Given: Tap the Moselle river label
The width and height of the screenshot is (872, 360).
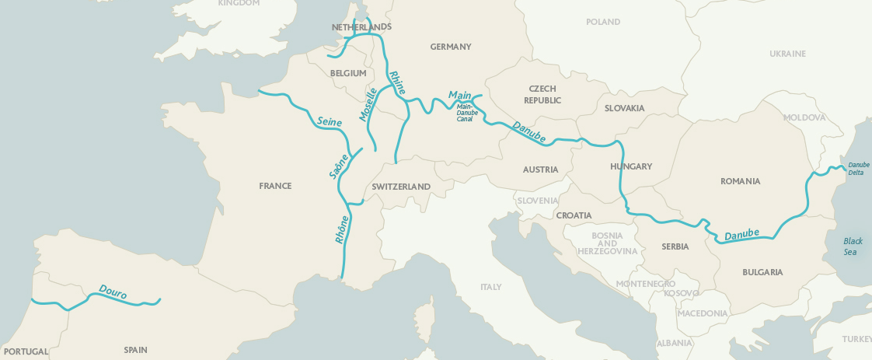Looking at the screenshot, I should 368,104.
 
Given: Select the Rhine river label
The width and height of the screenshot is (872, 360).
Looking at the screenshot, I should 397,82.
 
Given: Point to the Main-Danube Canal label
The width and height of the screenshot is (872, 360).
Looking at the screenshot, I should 466,113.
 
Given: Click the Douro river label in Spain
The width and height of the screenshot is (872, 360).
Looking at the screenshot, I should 113,292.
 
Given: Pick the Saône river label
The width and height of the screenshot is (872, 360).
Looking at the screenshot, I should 338,165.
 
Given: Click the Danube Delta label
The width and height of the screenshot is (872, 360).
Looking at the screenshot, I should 859,169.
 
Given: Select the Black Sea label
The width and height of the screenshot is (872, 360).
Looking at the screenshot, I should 853,246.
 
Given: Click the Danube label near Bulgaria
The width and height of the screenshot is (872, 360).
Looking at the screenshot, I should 741,234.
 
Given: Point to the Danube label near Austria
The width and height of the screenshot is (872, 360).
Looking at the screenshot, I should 529,131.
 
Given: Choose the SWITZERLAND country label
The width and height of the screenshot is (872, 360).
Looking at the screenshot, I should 401,187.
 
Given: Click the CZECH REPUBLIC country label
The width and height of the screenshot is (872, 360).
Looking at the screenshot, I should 542,95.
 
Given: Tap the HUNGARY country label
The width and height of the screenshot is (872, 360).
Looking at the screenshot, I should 631,166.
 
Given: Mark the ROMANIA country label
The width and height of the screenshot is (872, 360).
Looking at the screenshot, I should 740,181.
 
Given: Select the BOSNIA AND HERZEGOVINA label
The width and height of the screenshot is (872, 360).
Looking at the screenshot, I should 608,243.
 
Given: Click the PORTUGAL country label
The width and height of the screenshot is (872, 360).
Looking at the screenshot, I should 25,351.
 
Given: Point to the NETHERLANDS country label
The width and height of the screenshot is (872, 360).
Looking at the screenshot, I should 361,27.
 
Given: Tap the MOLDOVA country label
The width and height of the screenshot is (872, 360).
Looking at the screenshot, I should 804,117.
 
